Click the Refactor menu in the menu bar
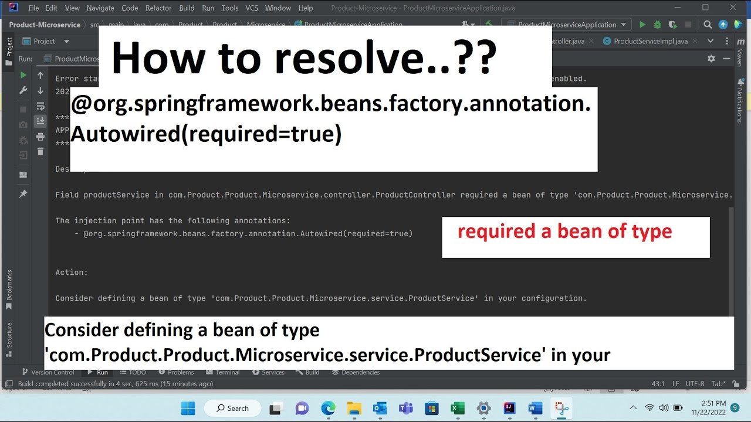click(158, 8)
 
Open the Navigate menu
click(100, 8)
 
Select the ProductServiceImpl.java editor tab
click(650, 41)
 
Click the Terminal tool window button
click(223, 372)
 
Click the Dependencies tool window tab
click(356, 372)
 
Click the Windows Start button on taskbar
click(188, 408)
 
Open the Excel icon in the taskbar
click(458, 408)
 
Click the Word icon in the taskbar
click(535, 408)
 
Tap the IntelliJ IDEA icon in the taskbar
click(509, 408)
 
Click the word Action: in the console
click(72, 273)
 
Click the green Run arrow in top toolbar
click(642, 25)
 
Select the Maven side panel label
click(740, 57)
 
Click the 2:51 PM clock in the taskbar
click(713, 403)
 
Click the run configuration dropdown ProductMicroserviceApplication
click(566, 25)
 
